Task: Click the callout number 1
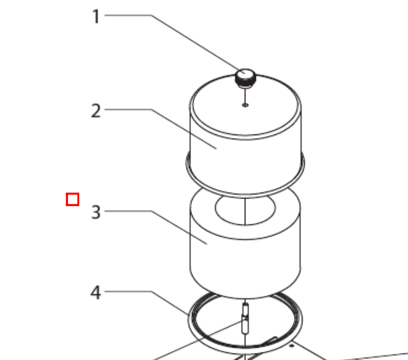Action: pyautogui.click(x=96, y=16)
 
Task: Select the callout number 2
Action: pyautogui.click(x=96, y=111)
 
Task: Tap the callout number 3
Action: pyautogui.click(x=96, y=213)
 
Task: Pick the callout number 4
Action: pyautogui.click(x=96, y=292)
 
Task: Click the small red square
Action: pyautogui.click(x=73, y=200)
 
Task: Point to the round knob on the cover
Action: pyautogui.click(x=245, y=78)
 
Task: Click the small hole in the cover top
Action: pyautogui.click(x=245, y=105)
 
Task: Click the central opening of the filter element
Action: pyautogui.click(x=245, y=210)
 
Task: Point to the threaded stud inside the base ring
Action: pyautogui.click(x=245, y=318)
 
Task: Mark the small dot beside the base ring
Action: pyautogui.click(x=292, y=346)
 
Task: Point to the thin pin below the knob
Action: pyautogui.click(x=245, y=96)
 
